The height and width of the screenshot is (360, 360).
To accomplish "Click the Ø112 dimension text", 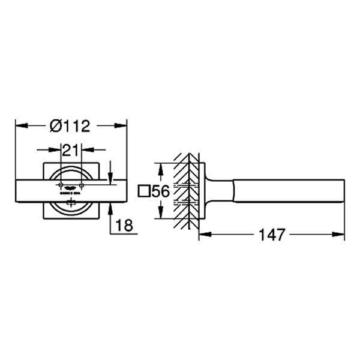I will click(71, 126).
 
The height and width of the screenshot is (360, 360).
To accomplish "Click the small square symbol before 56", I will click(143, 192).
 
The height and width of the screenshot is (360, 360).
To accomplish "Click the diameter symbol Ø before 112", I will click(55, 126).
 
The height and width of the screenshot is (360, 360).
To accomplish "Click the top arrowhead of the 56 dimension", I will click(160, 167).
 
